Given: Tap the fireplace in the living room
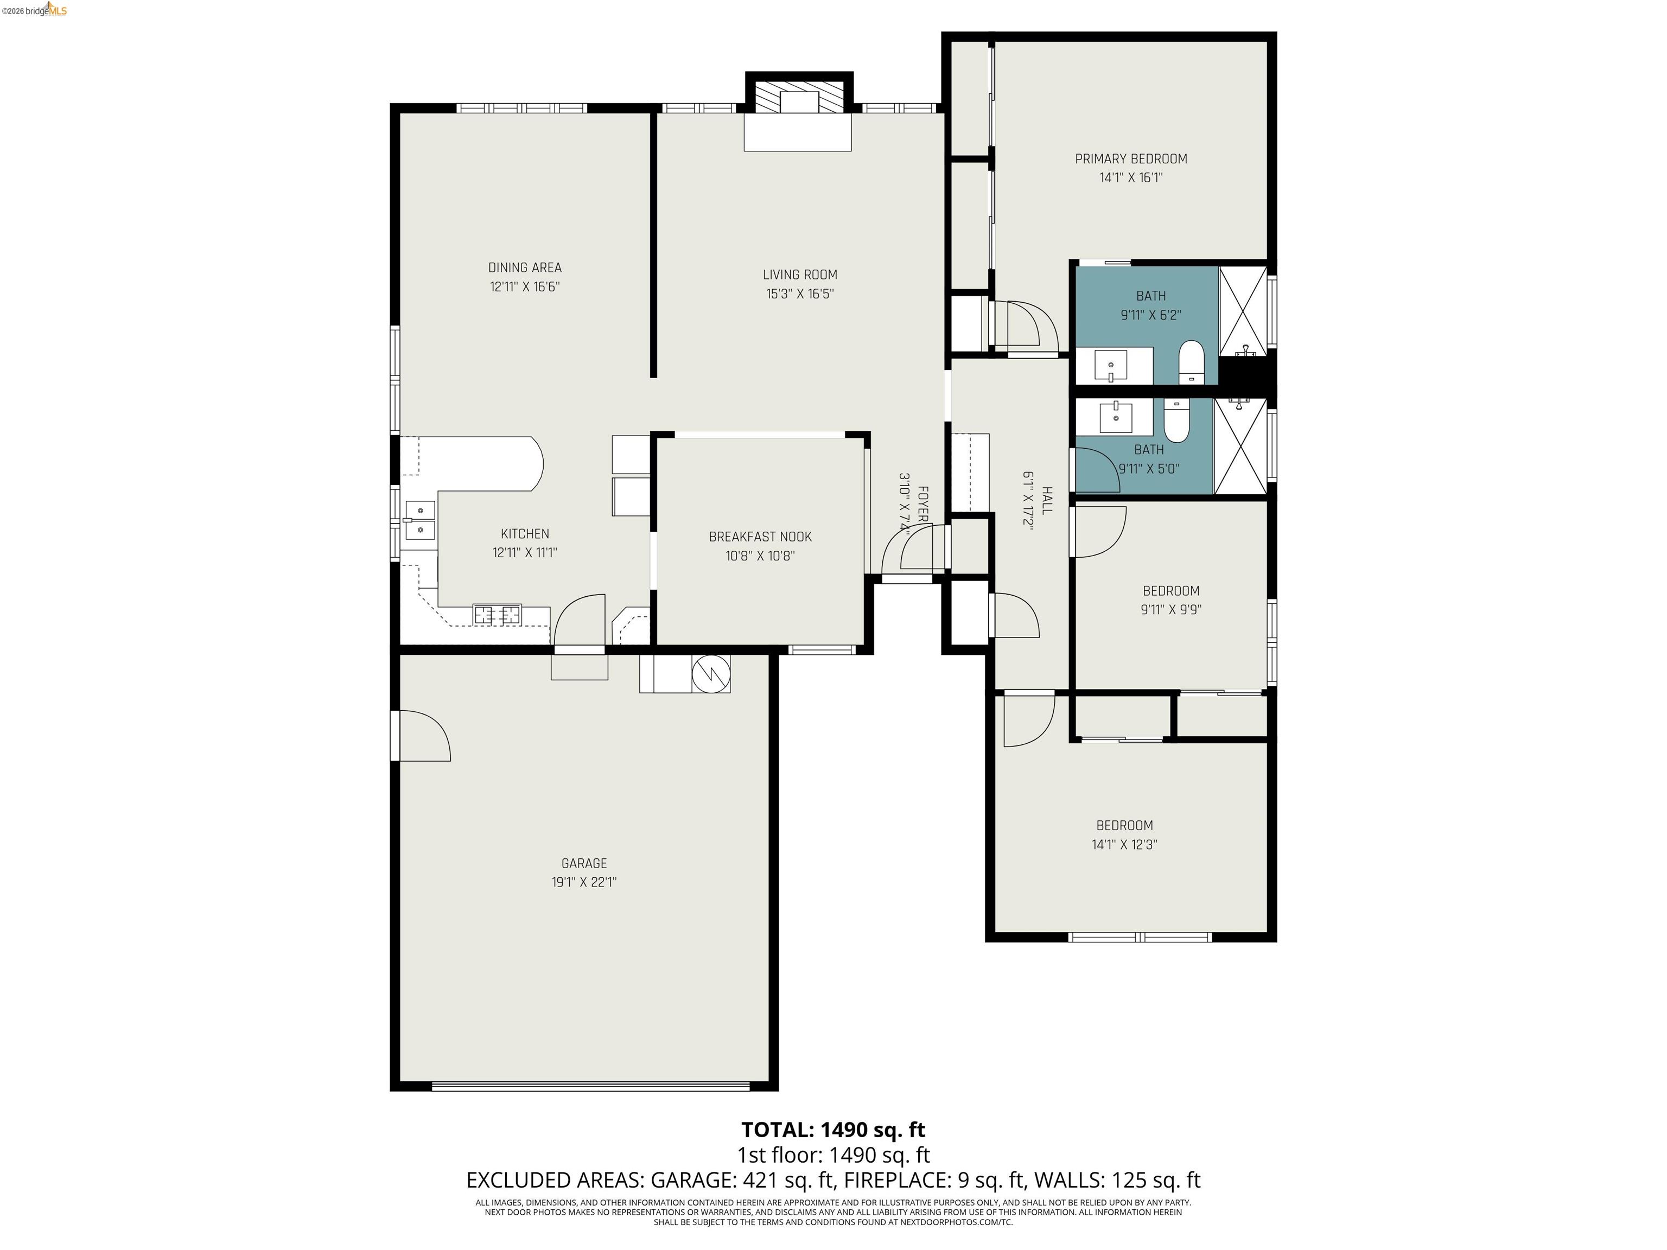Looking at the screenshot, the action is (x=799, y=98).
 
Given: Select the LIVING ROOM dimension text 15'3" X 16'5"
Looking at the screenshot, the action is (x=800, y=294).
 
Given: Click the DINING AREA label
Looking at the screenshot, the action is (x=525, y=267).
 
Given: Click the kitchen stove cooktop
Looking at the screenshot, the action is (x=497, y=614).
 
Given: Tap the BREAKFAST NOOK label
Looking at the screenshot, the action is (x=760, y=537).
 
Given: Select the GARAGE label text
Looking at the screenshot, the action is (x=584, y=864).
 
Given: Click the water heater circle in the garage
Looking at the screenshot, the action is (x=711, y=672).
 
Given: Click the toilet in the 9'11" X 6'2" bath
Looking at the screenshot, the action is (x=1191, y=362).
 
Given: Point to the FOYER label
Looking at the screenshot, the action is (x=921, y=504).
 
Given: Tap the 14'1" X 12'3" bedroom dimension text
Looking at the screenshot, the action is (x=1124, y=845).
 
